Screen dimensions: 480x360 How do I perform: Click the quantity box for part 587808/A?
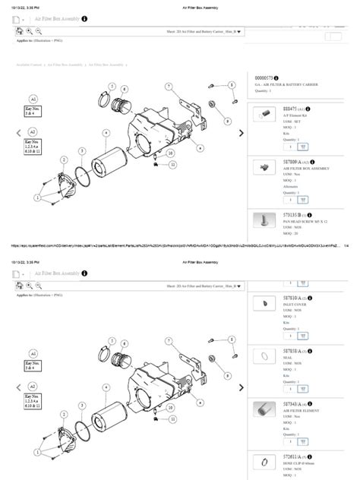(289, 200)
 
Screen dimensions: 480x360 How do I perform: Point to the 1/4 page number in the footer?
(346, 245)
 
